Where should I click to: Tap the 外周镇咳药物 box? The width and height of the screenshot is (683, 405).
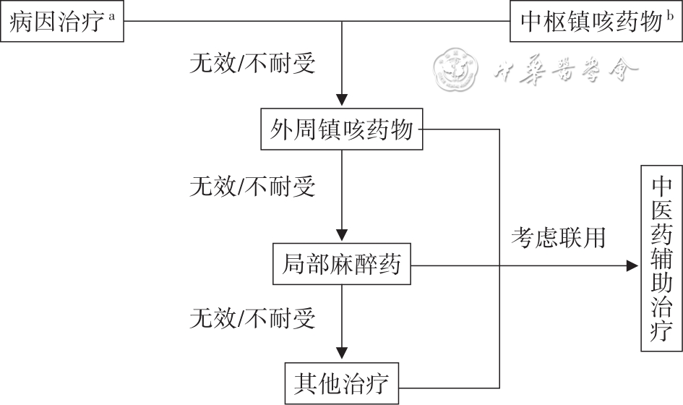pyautogui.click(x=342, y=131)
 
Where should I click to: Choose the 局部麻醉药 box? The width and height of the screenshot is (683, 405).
pyautogui.click(x=342, y=265)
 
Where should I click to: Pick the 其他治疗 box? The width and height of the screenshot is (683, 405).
pyautogui.click(x=342, y=383)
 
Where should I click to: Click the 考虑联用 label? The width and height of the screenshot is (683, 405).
pyautogui.click(x=558, y=237)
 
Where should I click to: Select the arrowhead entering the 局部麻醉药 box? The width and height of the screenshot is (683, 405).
pyautogui.click(x=342, y=236)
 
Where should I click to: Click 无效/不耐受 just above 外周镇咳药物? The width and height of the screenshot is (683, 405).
pyautogui.click(x=252, y=64)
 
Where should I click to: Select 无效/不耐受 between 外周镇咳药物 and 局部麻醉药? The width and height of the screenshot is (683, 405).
pyautogui.click(x=252, y=187)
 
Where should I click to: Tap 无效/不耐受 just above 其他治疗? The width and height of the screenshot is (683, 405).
pyautogui.click(x=252, y=317)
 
